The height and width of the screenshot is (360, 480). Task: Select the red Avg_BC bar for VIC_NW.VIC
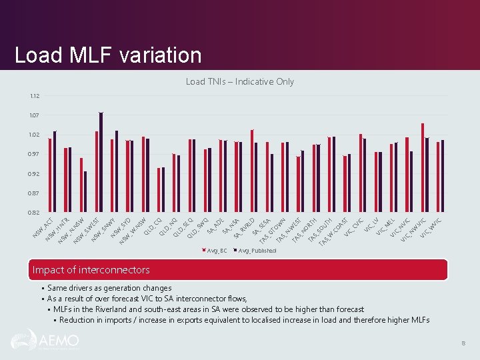(423, 167)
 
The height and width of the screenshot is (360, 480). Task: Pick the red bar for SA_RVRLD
(252, 171)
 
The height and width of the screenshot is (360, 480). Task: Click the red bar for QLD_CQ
(159, 190)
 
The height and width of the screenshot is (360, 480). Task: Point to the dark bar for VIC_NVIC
(411, 181)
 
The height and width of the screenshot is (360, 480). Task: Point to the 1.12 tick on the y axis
(34, 96)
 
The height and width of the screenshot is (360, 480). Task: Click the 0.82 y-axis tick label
(34, 213)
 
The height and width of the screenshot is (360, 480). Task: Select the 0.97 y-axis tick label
(34, 154)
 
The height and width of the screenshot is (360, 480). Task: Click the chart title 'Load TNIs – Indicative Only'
(239, 81)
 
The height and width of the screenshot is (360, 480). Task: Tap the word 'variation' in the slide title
(159, 55)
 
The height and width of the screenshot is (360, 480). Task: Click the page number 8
(463, 343)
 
